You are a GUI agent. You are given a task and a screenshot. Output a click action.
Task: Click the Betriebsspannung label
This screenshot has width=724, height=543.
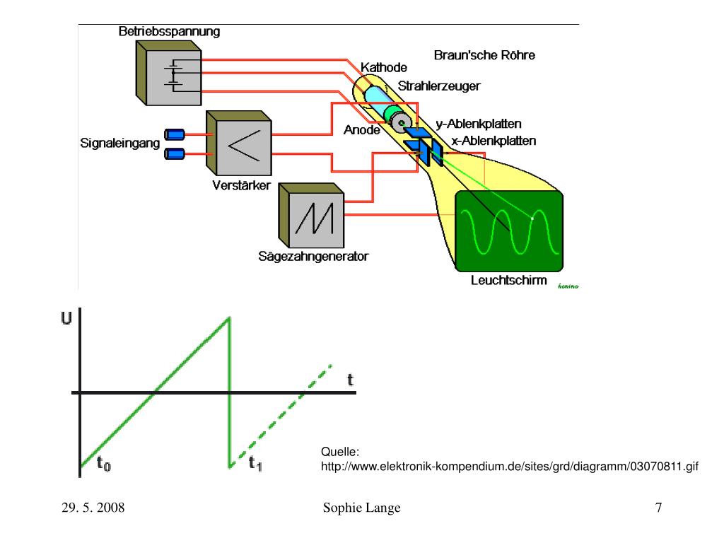click(169, 31)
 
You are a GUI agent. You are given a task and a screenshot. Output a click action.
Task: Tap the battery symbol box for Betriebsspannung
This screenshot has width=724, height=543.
click(168, 73)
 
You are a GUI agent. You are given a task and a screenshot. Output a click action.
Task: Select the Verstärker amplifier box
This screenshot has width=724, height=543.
click(239, 143)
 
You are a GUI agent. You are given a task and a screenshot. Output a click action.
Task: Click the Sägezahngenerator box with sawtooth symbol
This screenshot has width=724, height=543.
click(312, 216)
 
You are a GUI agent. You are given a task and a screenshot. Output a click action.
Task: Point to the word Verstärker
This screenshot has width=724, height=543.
click(242, 185)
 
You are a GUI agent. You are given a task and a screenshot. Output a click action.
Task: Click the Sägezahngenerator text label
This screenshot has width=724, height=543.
click(313, 256)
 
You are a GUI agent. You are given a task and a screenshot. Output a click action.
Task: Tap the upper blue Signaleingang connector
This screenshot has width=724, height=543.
click(175, 134)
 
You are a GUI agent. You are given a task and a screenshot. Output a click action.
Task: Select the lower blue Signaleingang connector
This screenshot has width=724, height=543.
click(175, 153)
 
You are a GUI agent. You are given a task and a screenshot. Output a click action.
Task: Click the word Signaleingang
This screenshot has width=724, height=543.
click(120, 143)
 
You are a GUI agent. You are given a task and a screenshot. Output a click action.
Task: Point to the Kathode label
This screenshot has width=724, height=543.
click(384, 67)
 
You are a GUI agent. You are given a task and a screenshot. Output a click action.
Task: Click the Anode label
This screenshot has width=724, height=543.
click(361, 130)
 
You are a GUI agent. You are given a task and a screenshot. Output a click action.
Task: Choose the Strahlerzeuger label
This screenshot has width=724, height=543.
click(439, 86)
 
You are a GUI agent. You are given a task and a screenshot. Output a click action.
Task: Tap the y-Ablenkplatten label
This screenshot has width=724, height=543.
click(479, 124)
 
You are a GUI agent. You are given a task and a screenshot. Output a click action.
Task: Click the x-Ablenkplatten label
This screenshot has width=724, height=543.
click(494, 141)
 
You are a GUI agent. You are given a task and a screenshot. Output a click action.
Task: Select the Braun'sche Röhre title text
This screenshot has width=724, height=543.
click(484, 55)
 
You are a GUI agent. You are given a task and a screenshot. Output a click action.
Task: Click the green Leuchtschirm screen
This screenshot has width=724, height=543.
click(509, 231)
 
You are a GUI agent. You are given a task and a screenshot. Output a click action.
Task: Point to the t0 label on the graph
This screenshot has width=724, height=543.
click(104, 463)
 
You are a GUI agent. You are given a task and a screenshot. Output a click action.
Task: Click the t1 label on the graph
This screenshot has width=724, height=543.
click(255, 463)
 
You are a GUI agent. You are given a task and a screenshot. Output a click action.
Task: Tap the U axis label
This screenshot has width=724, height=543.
click(66, 318)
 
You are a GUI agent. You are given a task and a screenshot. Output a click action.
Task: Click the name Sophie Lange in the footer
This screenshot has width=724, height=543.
click(361, 508)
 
